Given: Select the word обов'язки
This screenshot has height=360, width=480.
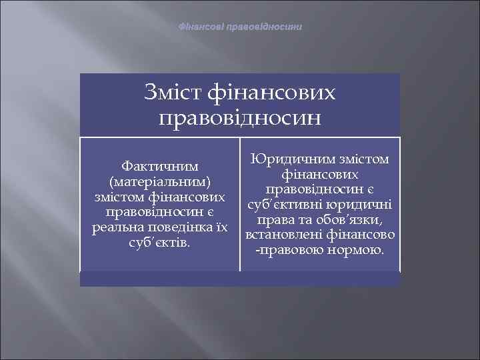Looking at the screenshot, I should point(351,221).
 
